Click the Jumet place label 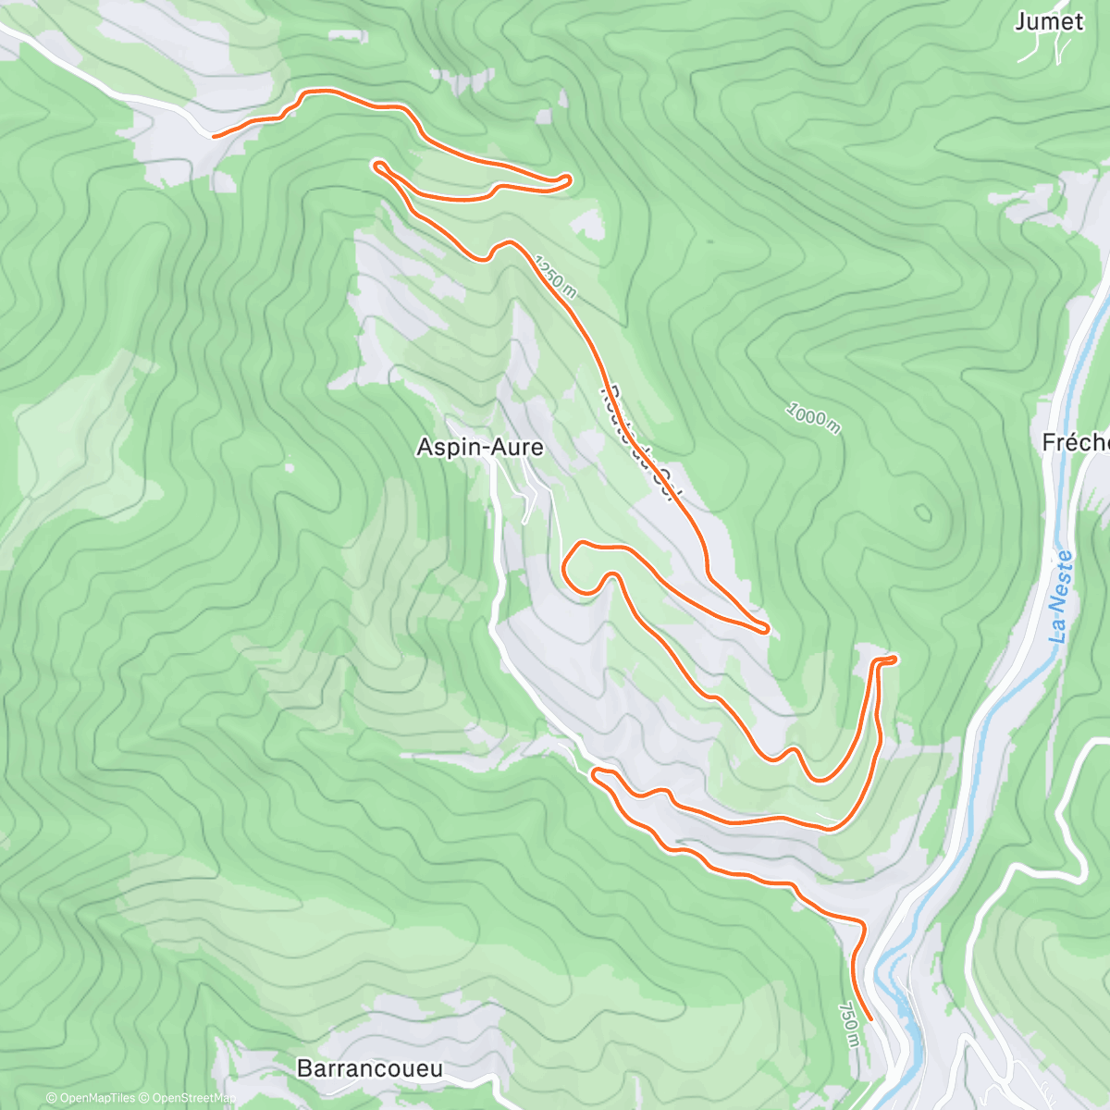click(x=1048, y=22)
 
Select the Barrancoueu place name click(x=369, y=1068)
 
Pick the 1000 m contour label click(x=813, y=418)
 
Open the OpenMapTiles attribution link click(x=91, y=1098)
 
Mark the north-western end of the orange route click(x=216, y=136)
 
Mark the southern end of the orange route click(x=869, y=1018)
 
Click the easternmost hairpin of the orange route click(x=894, y=659)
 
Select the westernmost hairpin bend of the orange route click(x=376, y=165)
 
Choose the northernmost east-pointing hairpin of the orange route click(x=567, y=179)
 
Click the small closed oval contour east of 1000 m click(x=921, y=512)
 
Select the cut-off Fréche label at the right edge click(x=1076, y=443)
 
